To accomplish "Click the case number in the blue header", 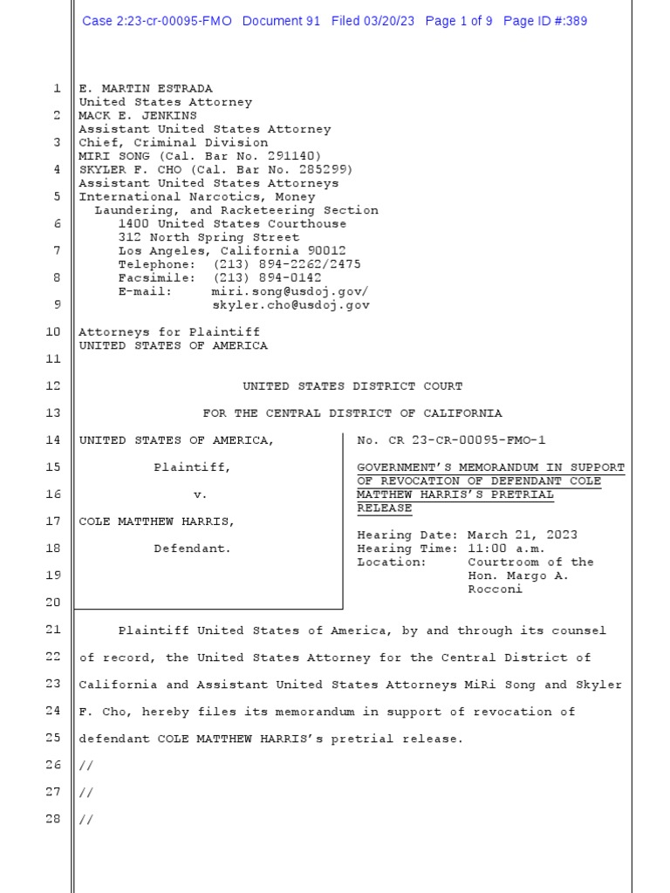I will pyautogui.click(x=157, y=21).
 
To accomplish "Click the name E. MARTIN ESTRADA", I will pyautogui.click(x=146, y=89).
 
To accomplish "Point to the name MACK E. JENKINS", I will pyautogui.click(x=138, y=115).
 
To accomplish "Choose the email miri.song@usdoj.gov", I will pyautogui.click(x=290, y=291).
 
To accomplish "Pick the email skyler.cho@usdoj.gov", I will pyautogui.click(x=291, y=305).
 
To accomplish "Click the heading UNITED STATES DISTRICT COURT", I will pyautogui.click(x=352, y=385).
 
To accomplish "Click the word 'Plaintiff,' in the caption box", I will pyautogui.click(x=193, y=467).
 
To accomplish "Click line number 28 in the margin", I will pyautogui.click(x=52, y=820).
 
